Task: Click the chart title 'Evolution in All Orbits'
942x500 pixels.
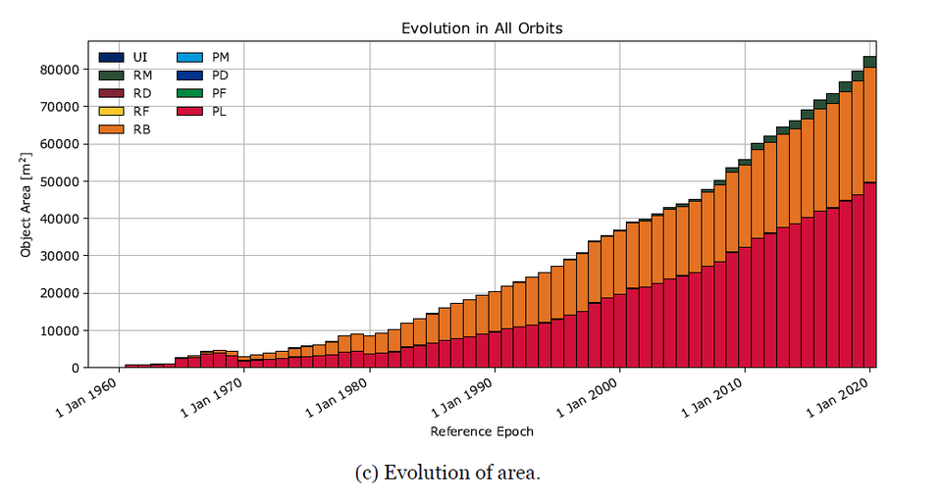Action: click(x=482, y=27)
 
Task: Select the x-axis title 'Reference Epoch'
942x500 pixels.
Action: click(x=482, y=431)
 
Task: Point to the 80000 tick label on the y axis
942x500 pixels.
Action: click(x=59, y=70)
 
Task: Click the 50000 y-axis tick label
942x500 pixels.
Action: click(x=59, y=181)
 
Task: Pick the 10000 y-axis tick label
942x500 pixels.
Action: click(x=59, y=331)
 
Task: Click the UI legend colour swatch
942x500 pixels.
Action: click(x=111, y=58)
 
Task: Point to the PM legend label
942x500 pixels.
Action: click(x=222, y=58)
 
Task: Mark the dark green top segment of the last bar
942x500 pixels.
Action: click(x=869, y=62)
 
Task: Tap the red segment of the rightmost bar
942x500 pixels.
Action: click(x=869, y=275)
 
